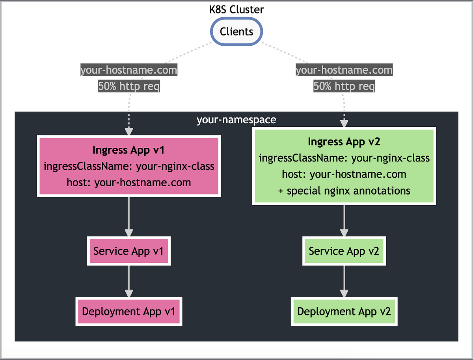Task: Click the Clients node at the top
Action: [236, 32]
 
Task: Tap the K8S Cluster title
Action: [236, 9]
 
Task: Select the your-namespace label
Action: [236, 120]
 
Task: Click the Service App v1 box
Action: [128, 251]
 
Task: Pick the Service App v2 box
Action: [344, 251]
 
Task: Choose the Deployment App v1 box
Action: [128, 311]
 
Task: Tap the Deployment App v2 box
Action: [344, 311]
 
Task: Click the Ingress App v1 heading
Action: [128, 150]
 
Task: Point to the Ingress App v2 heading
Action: [344, 142]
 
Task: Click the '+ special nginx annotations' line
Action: [344, 191]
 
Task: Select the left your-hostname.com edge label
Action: [128, 71]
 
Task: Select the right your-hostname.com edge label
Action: [344, 71]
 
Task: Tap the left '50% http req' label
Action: [128, 86]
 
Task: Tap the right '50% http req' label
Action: [344, 86]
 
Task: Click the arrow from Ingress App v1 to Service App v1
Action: [128, 217]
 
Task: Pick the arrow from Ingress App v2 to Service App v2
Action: [344, 221]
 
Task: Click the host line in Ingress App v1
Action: [128, 182]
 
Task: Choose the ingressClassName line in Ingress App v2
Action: [344, 158]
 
